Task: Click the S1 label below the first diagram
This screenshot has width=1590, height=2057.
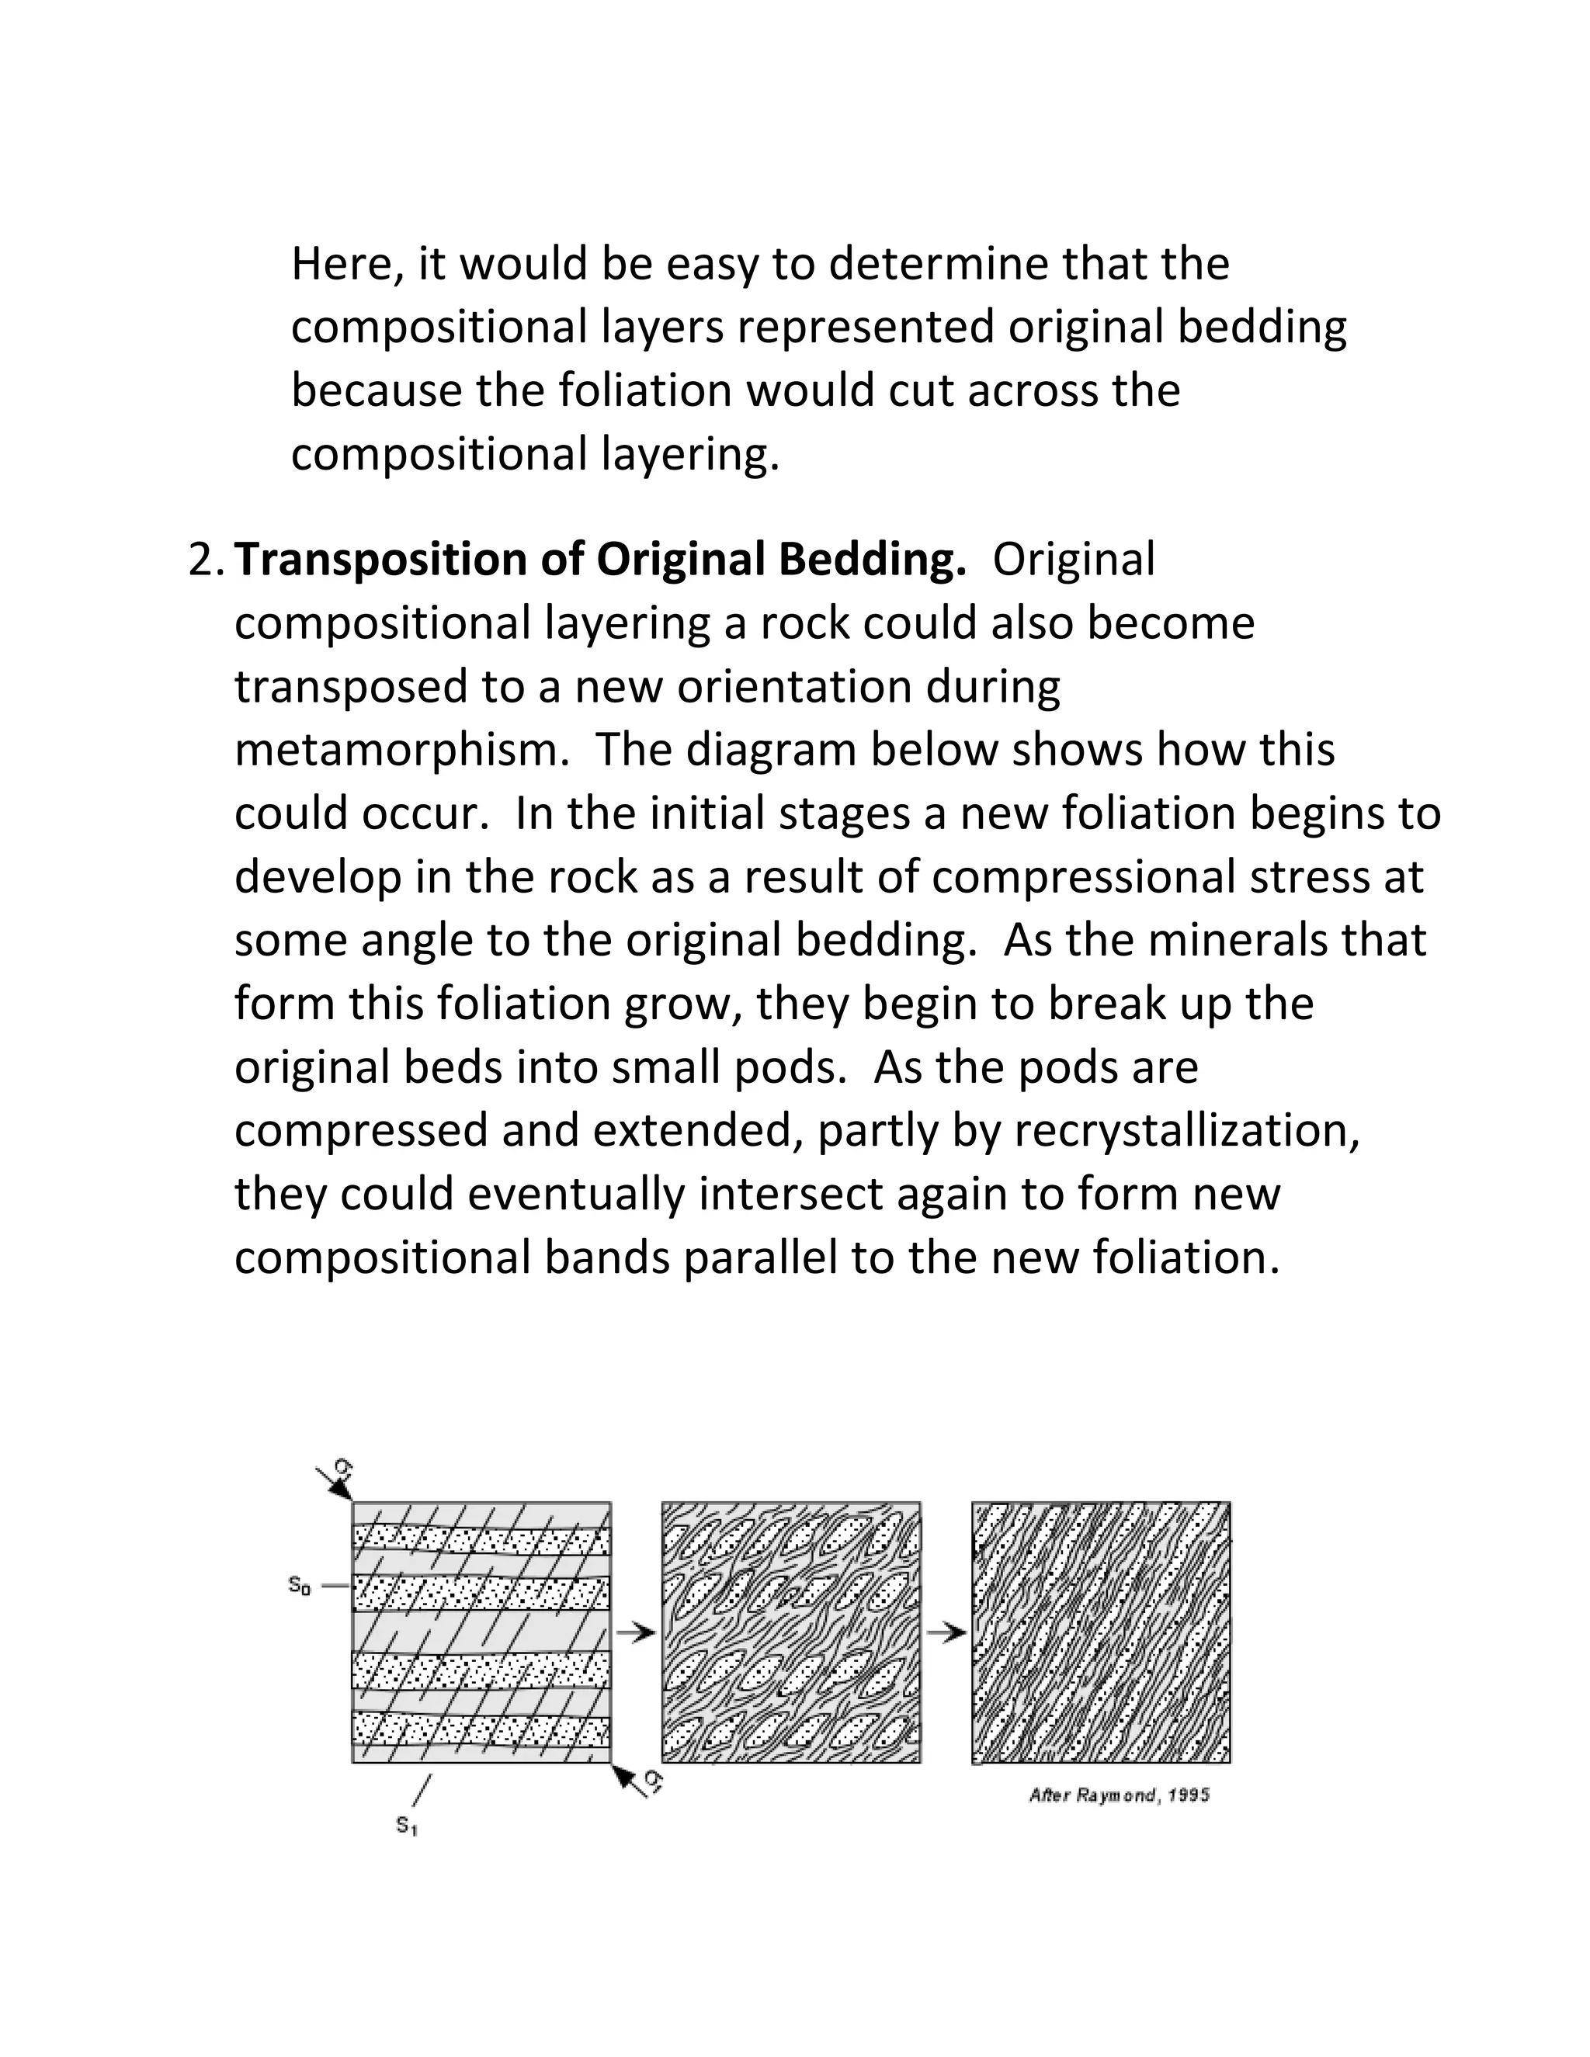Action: click(x=407, y=1826)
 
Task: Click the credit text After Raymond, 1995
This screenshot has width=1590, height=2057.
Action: click(x=1119, y=1795)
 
